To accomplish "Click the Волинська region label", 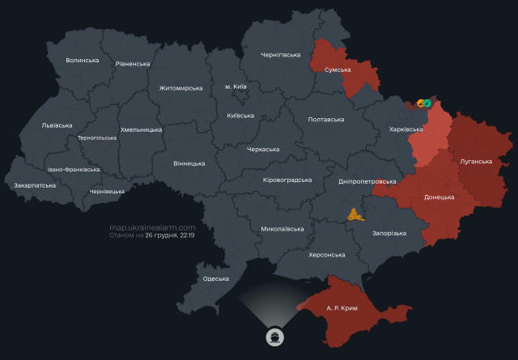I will pyautogui.click(x=82, y=60).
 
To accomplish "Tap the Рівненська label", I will pyautogui.click(x=133, y=64).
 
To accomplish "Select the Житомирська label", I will pyautogui.click(x=180, y=88).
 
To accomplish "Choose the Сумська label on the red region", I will pyautogui.click(x=337, y=70).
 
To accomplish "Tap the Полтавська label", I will pyautogui.click(x=326, y=119).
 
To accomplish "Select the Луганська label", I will pyautogui.click(x=476, y=161).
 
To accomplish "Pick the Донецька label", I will pyautogui.click(x=439, y=197).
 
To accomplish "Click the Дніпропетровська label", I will pyautogui.click(x=367, y=182).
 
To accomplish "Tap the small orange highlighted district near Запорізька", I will pyautogui.click(x=355, y=214).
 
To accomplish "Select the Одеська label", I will pyautogui.click(x=216, y=278).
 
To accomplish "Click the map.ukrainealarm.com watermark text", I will pyautogui.click(x=152, y=227).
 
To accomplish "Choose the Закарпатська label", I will pyautogui.click(x=35, y=185).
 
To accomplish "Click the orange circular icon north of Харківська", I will pyautogui.click(x=420, y=104).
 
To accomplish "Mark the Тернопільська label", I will pyautogui.click(x=96, y=138).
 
